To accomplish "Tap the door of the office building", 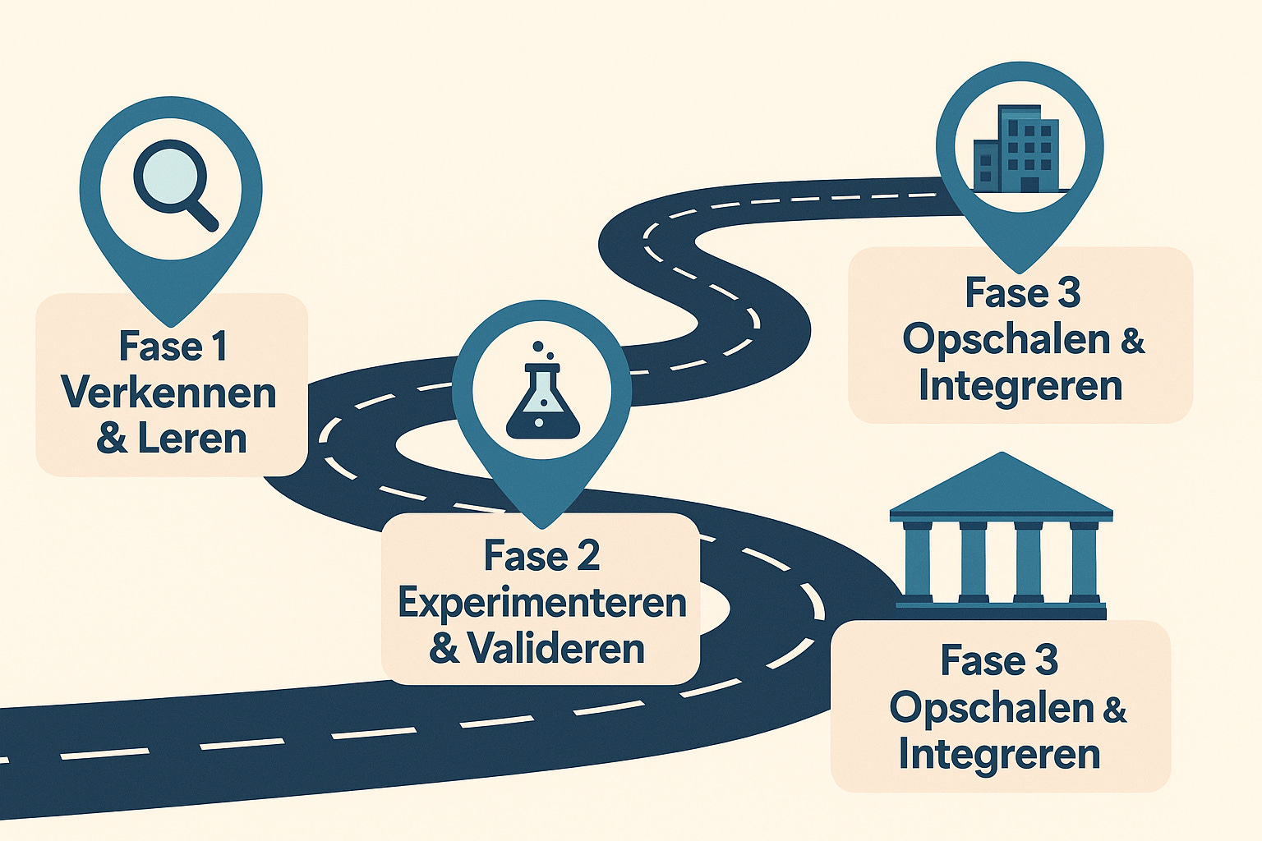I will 1029,182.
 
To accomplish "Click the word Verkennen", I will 169,393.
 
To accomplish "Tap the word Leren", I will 192,439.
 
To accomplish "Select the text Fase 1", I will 173,346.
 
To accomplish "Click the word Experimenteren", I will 542,603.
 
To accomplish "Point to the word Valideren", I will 556,649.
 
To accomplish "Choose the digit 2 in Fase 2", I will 587,557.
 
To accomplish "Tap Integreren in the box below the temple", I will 999,754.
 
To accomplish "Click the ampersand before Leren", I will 112,439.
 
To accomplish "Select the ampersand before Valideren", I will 444,649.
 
